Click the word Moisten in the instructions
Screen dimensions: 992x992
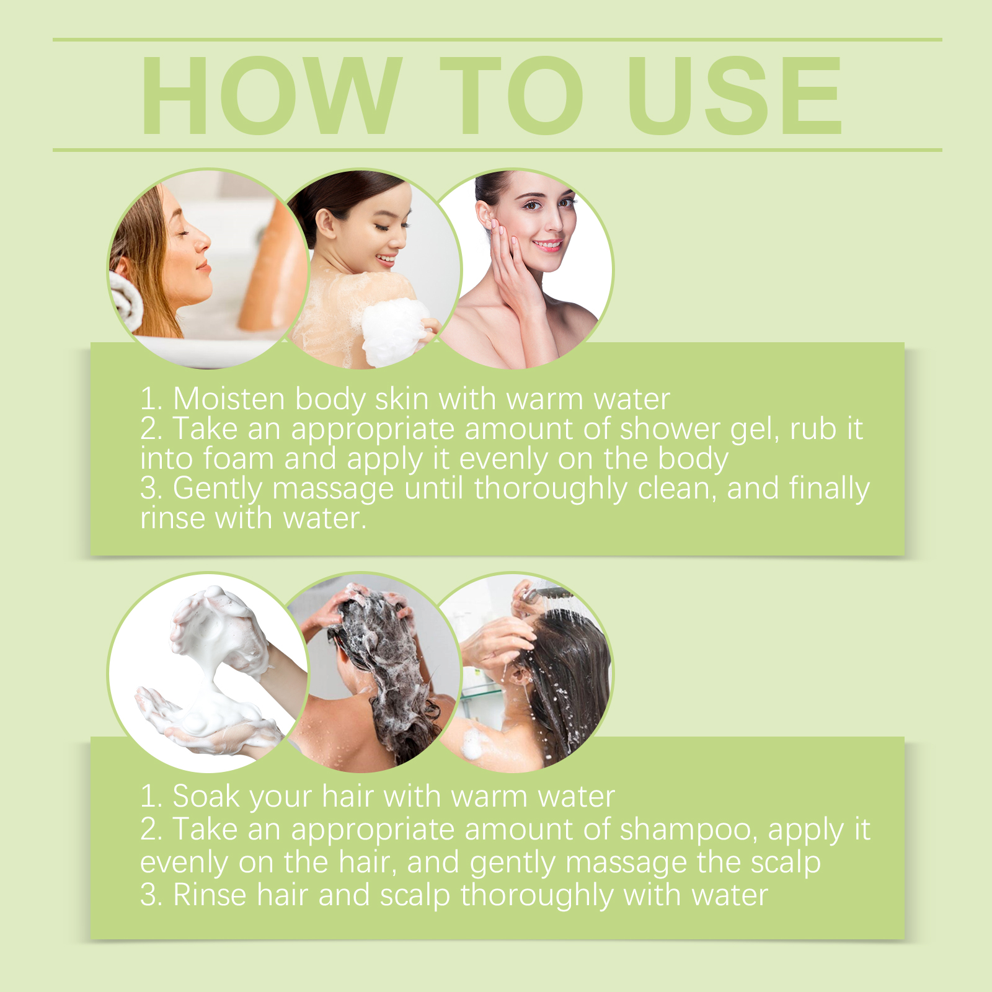[x=228, y=398]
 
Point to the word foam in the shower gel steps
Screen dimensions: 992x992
[x=238, y=458]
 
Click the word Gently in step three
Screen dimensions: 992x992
[x=218, y=489]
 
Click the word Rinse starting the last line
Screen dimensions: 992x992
[x=210, y=895]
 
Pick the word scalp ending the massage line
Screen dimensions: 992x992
[x=786, y=863]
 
